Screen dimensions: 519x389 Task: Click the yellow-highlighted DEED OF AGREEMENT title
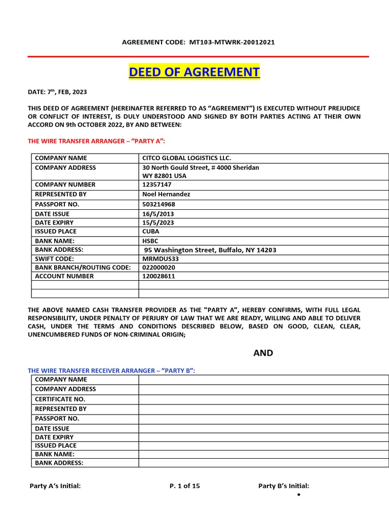point(194,72)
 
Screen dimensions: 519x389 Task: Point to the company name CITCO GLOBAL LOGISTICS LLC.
point(186,158)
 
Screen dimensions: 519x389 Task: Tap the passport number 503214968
point(159,204)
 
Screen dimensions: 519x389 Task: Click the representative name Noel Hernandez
point(166,194)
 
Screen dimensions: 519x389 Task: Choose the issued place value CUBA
point(151,231)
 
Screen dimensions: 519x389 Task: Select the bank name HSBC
point(150,241)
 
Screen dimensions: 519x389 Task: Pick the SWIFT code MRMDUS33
point(161,258)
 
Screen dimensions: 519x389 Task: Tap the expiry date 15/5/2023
point(158,223)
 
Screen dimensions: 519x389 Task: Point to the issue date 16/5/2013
point(158,214)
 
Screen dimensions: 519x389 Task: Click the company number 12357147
point(157,184)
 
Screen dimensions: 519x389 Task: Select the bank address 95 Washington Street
point(210,250)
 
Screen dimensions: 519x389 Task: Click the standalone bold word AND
point(263,353)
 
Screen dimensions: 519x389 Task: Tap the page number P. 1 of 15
point(185,486)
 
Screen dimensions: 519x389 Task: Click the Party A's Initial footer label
point(55,486)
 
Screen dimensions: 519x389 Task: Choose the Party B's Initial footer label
point(284,486)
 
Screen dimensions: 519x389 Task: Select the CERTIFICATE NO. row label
point(60,399)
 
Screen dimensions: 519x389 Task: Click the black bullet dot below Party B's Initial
point(299,494)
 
